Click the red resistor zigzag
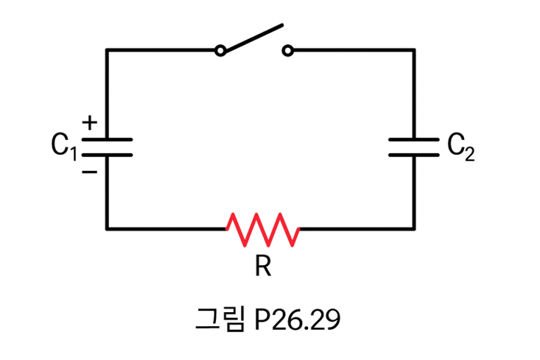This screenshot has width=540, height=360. click(263, 229)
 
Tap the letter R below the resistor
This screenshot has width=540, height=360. click(263, 266)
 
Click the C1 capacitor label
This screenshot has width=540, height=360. click(63, 146)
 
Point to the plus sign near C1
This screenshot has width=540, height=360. click(88, 123)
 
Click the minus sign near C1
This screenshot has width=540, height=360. click(88, 172)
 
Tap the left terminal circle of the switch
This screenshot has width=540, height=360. click(220, 50)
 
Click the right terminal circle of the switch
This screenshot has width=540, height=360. click(288, 50)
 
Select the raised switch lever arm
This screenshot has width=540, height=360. click(252, 38)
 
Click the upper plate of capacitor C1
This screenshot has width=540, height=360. click(107, 138)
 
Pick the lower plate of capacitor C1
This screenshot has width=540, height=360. click(107, 155)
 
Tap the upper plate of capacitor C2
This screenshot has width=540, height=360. click(413, 138)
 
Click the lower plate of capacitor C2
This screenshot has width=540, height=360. click(413, 155)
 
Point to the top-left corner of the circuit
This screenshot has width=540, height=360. click(107, 50)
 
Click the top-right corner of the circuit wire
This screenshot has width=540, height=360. click(413, 50)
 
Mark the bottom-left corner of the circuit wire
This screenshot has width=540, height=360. click(107, 229)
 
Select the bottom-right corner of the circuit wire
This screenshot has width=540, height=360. click(413, 229)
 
